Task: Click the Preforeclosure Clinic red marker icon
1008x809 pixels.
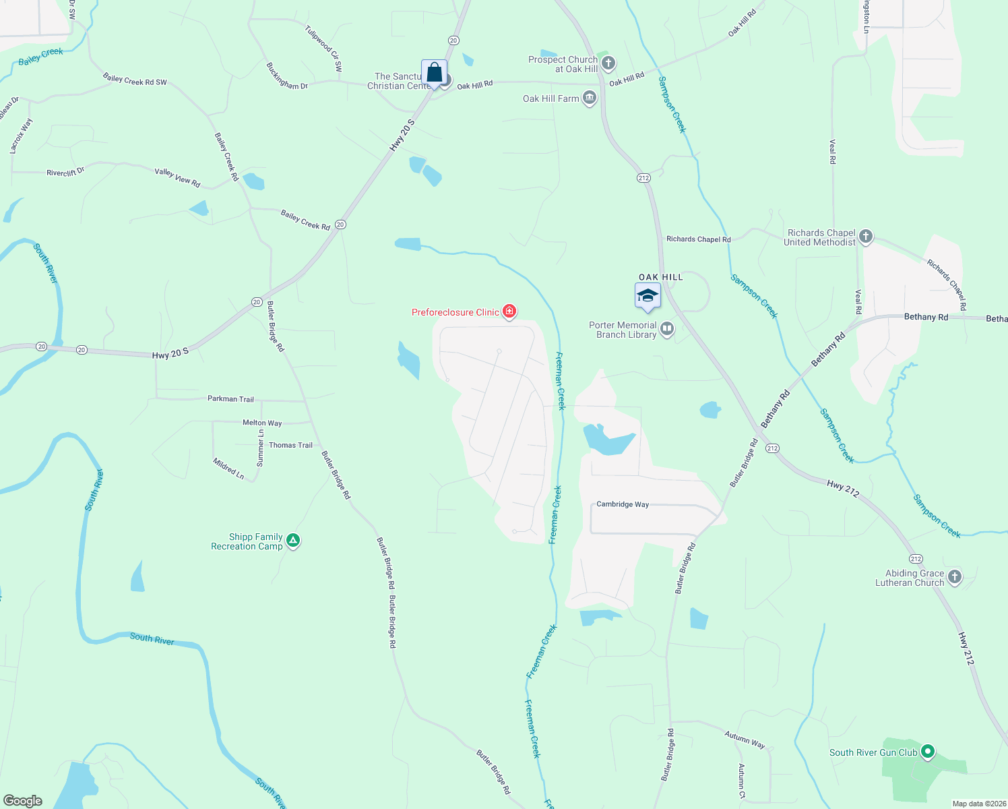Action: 509,311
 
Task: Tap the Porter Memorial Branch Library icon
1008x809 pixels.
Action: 667,329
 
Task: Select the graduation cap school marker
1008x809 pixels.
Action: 648,296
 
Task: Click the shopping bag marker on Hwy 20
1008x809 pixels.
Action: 435,72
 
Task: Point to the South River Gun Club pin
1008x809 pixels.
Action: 928,751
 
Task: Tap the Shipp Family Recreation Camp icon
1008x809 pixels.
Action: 293,540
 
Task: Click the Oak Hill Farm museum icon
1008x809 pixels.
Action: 590,98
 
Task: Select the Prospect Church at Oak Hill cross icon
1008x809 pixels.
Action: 608,64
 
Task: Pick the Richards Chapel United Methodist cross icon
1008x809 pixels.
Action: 866,237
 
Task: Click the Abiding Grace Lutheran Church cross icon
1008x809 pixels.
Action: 954,576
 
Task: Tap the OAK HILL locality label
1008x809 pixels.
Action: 660,277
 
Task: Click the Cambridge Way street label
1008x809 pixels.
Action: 623,504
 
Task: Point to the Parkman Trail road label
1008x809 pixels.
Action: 230,399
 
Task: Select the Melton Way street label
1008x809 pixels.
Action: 262,423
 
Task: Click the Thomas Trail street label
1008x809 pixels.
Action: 290,445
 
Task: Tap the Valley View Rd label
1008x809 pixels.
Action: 177,177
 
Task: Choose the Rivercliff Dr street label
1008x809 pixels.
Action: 65,173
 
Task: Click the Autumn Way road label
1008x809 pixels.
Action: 745,739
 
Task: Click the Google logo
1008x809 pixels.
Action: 23,801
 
